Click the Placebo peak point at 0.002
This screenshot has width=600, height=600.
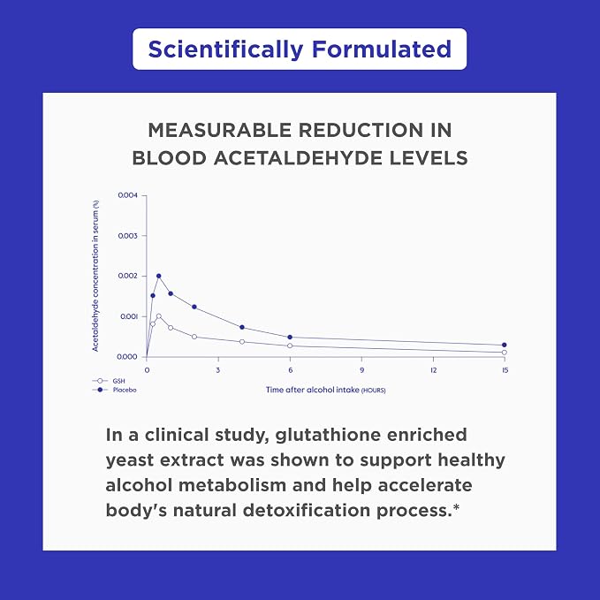[159, 276]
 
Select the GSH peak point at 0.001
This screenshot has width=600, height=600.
[159, 316]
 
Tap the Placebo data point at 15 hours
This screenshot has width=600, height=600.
[505, 345]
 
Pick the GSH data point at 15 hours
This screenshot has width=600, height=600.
[505, 352]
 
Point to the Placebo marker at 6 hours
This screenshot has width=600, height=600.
[290, 338]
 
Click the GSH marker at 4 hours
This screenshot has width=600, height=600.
[242, 341]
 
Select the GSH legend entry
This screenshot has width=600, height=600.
[109, 381]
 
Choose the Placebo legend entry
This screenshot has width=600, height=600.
[114, 390]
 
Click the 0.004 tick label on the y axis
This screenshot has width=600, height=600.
[127, 195]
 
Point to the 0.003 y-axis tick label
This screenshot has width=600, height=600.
[127, 236]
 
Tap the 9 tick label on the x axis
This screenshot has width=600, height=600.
[361, 370]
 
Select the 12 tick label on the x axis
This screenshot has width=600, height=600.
[433, 370]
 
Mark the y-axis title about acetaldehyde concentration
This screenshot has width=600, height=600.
[95, 276]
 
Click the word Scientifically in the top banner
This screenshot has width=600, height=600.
[225, 49]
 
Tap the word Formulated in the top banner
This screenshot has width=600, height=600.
[382, 49]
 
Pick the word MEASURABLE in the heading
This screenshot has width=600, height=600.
[220, 130]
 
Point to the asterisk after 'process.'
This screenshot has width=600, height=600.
[456, 507]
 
